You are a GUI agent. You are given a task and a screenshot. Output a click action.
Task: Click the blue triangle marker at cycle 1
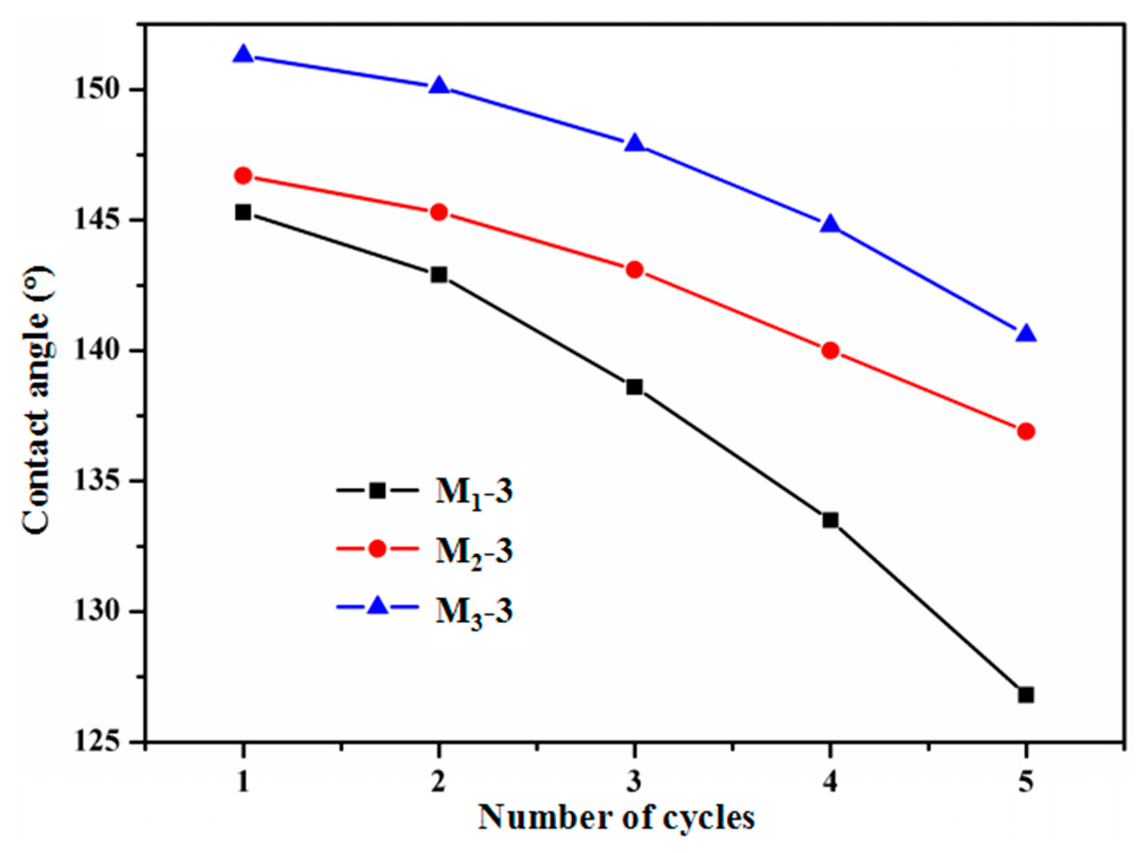243,54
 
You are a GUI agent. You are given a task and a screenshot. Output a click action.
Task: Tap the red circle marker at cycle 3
635,270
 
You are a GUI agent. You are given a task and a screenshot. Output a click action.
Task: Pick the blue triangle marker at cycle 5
1026,334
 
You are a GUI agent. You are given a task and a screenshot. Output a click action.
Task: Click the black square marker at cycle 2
439,274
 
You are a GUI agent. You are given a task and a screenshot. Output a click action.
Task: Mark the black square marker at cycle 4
830,520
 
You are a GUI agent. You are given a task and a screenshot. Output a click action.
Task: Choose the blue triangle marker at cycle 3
635,144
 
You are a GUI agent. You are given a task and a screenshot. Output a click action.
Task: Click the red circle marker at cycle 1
243,175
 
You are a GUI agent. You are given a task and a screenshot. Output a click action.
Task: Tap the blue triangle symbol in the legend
378,606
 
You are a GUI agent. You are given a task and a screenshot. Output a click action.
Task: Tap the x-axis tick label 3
635,783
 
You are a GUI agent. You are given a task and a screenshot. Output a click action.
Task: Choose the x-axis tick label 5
1026,783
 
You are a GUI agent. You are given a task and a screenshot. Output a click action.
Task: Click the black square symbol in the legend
378,490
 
